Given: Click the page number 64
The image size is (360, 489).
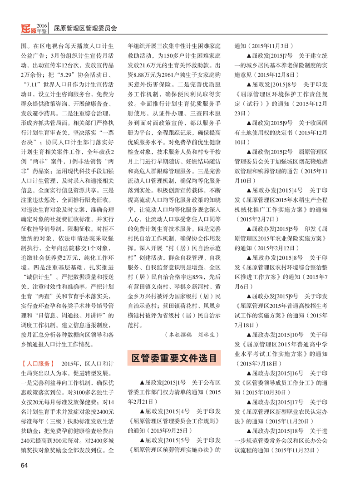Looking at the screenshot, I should coord(24,465).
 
